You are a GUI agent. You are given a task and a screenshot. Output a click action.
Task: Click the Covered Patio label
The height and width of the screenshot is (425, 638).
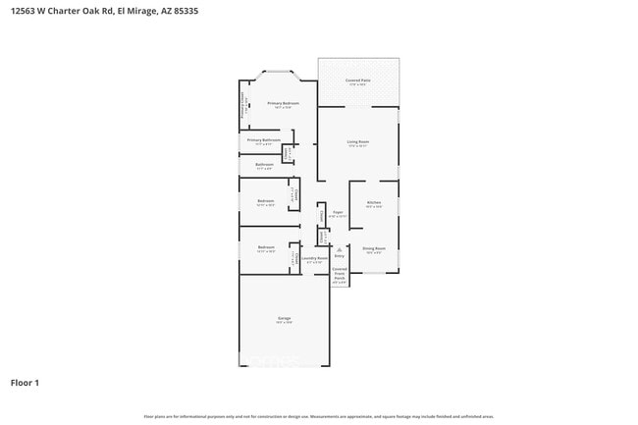click(358, 81)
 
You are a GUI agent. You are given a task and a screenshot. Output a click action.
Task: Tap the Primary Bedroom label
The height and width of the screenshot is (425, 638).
click(284, 105)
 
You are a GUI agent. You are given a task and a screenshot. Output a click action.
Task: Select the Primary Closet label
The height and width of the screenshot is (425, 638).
click(243, 106)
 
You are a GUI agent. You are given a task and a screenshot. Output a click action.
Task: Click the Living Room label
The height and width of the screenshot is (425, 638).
click(357, 144)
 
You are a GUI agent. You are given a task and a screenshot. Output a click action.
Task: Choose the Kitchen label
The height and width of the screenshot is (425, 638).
click(374, 204)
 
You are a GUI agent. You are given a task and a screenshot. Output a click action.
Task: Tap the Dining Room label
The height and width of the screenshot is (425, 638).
click(374, 250)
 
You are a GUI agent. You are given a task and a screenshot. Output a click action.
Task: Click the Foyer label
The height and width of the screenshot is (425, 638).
click(337, 213)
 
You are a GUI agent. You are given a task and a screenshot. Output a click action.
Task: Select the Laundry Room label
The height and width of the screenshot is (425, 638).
click(314, 260)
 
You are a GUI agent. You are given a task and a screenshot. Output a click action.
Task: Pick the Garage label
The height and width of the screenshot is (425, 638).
click(284, 320)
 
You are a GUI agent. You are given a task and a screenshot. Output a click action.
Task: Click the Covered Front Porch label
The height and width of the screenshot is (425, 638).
click(340, 274)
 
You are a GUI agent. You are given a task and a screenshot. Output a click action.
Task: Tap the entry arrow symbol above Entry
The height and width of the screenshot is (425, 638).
click(339, 249)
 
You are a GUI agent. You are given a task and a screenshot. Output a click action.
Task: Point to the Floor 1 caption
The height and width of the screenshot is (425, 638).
click(25, 383)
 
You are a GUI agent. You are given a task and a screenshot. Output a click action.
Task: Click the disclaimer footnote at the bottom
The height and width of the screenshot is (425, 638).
click(319, 417)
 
